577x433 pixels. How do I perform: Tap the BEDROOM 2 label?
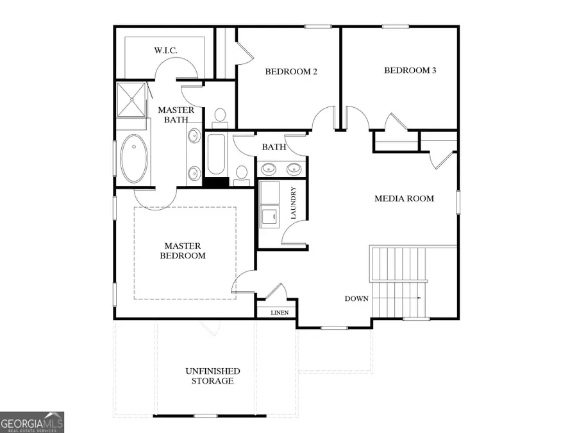(x=292, y=71)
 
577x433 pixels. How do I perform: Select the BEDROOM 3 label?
(x=410, y=71)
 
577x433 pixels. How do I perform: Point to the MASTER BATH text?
(x=176, y=115)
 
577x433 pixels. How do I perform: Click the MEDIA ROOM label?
(x=404, y=199)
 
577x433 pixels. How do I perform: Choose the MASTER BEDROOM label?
(x=183, y=251)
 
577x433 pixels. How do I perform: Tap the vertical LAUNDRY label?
(x=294, y=204)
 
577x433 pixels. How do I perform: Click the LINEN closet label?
(x=280, y=313)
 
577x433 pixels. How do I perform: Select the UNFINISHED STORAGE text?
(x=213, y=376)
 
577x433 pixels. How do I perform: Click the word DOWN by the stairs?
(x=356, y=298)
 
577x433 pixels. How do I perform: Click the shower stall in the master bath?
(x=131, y=99)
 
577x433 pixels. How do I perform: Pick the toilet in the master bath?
(x=220, y=116)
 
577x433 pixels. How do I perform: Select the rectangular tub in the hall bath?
(x=216, y=155)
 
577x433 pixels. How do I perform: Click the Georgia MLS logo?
(x=32, y=422)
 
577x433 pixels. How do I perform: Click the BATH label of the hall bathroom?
(x=274, y=148)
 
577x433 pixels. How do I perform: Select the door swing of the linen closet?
(x=276, y=292)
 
